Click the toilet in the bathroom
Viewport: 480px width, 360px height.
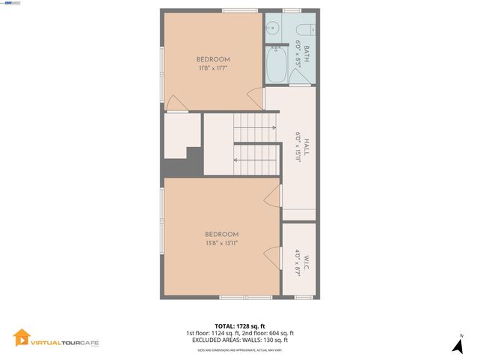310,28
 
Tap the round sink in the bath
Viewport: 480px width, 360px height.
274,28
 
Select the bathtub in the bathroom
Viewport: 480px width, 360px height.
275,65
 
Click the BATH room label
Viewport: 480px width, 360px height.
306,52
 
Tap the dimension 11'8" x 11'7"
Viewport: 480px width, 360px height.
213,68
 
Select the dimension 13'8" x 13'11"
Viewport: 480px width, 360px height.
222,243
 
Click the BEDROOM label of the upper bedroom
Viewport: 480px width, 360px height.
213,59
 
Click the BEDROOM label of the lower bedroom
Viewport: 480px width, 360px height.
222,234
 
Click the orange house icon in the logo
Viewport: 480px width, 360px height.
21,338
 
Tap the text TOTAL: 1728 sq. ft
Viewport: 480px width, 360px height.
240,326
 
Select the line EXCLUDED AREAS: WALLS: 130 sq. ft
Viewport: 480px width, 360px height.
240,340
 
